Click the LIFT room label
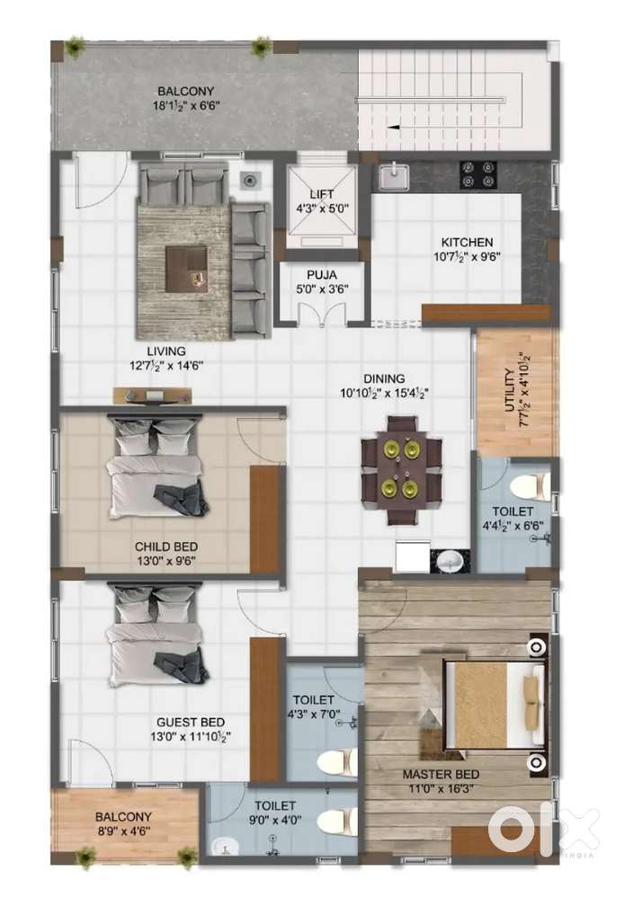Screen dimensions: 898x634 tap(321, 194)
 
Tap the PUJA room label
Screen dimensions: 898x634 tap(321, 276)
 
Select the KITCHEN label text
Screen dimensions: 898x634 tap(466, 242)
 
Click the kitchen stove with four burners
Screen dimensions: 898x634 tap(479, 173)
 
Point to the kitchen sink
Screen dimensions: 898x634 tap(391, 177)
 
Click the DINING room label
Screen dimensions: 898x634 tap(384, 378)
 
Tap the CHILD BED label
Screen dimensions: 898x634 tap(165, 547)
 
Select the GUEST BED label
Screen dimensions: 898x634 tap(190, 722)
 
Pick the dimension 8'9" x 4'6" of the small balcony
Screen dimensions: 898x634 tap(124, 830)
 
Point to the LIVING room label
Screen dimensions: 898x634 tap(167, 351)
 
